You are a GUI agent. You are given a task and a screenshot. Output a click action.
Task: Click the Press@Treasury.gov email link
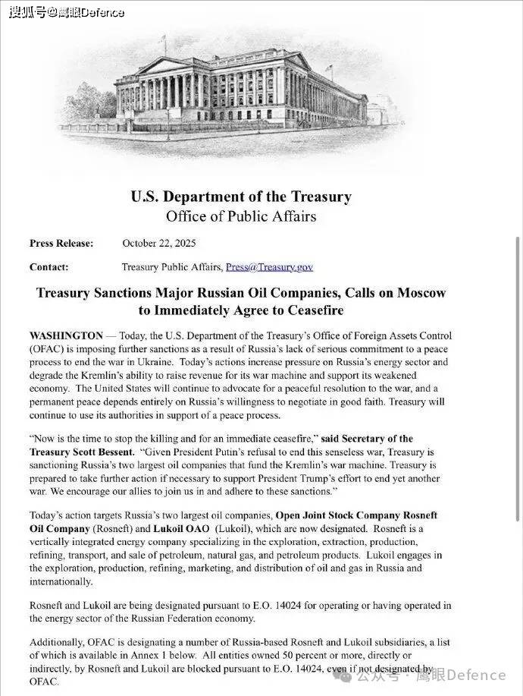click(x=269, y=266)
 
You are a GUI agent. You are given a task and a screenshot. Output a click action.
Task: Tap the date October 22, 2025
click(x=159, y=243)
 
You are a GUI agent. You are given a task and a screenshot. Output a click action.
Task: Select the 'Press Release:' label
click(x=61, y=243)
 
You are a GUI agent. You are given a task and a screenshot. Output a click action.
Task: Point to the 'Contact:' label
click(x=49, y=266)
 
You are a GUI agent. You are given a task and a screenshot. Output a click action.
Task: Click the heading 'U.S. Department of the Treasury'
click(x=241, y=197)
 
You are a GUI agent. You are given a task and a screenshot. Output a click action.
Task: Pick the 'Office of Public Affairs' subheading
click(x=241, y=216)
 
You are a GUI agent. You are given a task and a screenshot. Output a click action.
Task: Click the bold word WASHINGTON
click(x=66, y=335)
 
